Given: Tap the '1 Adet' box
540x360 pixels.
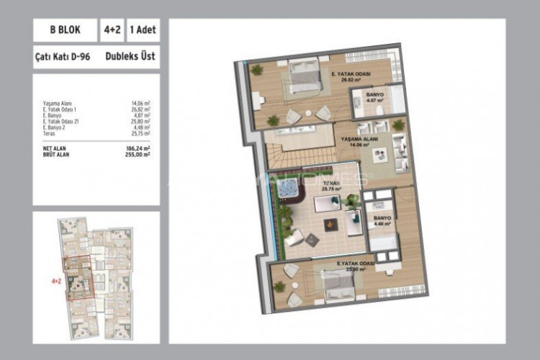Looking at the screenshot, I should click(143, 31).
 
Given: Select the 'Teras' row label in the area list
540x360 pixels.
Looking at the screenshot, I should click(50, 133).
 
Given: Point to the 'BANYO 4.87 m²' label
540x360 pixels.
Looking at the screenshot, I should click(374, 97).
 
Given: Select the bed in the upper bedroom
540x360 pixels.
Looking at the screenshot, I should click(305, 77).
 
